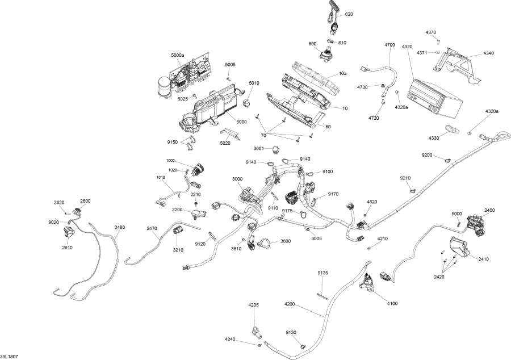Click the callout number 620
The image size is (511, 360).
(x=349, y=14)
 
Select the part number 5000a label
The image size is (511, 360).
(x=178, y=55)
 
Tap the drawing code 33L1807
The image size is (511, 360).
(x=9, y=356)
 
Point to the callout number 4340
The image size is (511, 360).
(x=489, y=53)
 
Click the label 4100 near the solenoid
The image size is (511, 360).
(x=392, y=304)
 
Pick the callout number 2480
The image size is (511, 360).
(x=120, y=228)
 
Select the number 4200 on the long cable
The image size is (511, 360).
(x=290, y=304)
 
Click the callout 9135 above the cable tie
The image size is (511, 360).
(x=322, y=273)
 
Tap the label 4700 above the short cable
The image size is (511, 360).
(x=389, y=44)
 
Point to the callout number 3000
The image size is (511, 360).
(x=237, y=179)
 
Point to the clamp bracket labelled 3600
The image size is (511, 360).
(x=262, y=242)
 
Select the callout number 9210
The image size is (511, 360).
(x=405, y=178)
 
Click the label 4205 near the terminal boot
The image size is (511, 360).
(x=253, y=305)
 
